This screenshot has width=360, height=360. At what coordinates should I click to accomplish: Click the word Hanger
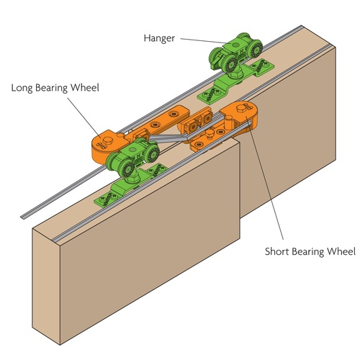coord(159,39)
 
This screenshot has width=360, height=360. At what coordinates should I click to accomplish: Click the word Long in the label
coord(22,88)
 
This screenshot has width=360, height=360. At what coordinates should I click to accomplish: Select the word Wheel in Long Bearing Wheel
coord(85,87)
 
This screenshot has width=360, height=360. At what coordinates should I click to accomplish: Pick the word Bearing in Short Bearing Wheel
coord(308,252)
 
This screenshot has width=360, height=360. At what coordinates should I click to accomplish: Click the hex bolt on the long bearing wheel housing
coord(107,140)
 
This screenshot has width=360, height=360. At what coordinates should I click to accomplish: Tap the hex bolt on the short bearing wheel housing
coord(240,108)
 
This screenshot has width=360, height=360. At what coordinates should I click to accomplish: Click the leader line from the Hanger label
coord(204,41)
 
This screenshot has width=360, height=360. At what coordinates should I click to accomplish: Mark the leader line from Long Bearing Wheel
coord(84,117)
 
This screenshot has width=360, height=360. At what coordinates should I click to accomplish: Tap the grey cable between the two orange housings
coord(168,138)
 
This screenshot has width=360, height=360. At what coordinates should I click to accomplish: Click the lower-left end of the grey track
coord(23,217)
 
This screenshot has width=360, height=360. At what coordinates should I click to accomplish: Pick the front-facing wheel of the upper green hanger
coord(230,64)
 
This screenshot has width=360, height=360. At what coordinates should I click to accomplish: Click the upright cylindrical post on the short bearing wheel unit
coord(228,122)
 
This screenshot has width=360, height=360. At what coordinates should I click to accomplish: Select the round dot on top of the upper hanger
coord(237,45)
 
